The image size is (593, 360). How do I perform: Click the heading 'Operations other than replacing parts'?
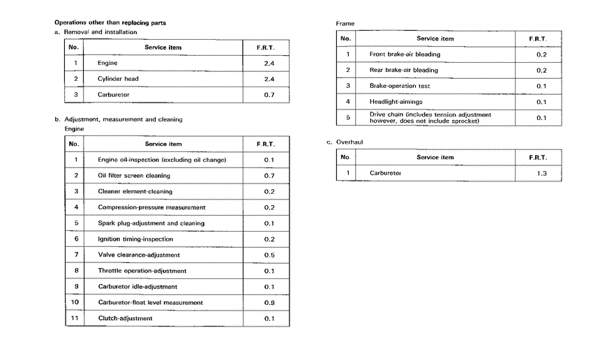click(110, 23)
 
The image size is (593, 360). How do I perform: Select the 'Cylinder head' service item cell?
click(118, 79)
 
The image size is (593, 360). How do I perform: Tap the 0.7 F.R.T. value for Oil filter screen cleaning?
click(269, 176)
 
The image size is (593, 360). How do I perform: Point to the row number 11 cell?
click(75, 318)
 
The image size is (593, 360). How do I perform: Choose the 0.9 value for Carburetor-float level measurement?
click(269, 302)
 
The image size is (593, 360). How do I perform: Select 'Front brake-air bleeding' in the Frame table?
click(405, 54)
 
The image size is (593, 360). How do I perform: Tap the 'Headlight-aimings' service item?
click(395, 102)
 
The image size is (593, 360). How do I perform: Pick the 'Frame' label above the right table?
click(345, 24)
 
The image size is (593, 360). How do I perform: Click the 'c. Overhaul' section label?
click(345, 142)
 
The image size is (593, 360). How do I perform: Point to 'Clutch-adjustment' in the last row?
click(125, 318)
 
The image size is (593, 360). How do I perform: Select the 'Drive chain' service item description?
click(430, 118)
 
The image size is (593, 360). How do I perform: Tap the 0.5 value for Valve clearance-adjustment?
click(269, 255)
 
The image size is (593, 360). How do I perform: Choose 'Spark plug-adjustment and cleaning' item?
click(151, 223)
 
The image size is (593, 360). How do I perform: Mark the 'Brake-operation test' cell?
click(400, 86)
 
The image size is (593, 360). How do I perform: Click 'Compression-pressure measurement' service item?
click(151, 207)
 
